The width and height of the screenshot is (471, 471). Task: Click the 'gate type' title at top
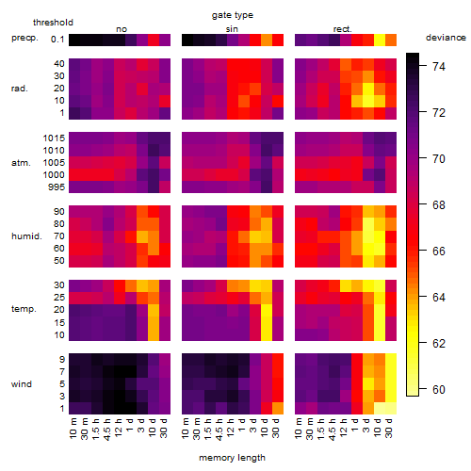233,15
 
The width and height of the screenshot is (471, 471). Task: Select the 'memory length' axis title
232,458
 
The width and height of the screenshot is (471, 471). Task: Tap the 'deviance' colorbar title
446,38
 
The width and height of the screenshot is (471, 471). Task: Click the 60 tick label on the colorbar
439,390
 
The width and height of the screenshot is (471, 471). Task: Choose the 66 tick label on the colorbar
439,252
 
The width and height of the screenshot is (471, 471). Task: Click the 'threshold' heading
53,23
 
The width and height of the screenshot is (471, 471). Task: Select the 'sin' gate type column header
232,29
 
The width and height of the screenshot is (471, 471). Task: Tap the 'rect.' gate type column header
343,29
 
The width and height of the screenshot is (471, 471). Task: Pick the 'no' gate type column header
122,29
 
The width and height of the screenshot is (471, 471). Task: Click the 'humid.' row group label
26,236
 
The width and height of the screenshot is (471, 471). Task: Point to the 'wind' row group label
22,384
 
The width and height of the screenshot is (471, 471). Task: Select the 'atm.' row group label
21,163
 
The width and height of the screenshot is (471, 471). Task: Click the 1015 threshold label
54,138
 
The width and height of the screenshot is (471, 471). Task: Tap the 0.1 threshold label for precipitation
57,40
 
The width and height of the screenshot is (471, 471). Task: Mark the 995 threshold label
57,187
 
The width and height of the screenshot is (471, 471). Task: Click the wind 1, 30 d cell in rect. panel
391,408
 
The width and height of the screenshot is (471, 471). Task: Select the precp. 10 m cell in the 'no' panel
74,40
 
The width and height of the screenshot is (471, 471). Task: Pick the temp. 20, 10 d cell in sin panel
267,310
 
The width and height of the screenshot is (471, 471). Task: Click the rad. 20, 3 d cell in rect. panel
368,89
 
